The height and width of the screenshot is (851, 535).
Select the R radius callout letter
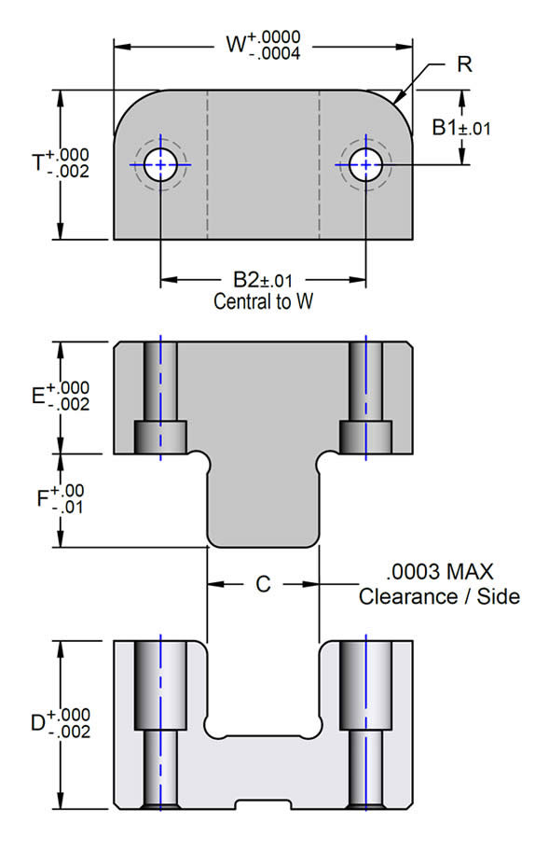point(463,65)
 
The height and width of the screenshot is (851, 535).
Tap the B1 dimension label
point(446,128)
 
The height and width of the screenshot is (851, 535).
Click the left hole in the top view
point(161,164)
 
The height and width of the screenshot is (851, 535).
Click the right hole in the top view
point(365,164)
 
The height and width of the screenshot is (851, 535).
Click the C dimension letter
point(263,585)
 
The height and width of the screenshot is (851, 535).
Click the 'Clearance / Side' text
point(439,596)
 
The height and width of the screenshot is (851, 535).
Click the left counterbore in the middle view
point(161,435)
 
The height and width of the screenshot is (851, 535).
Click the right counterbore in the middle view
point(365,435)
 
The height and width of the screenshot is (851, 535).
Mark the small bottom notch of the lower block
point(263,803)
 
